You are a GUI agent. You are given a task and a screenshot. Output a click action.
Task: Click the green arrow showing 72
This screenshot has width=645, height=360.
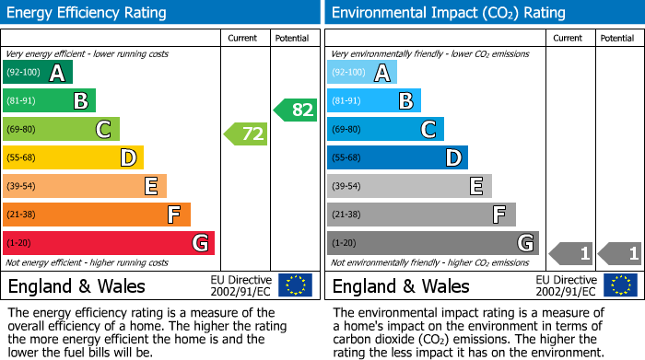point(246,134)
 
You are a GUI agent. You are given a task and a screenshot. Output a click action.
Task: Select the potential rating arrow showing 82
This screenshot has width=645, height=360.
point(295,110)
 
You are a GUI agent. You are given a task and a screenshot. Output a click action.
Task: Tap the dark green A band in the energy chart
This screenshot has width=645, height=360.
point(37,73)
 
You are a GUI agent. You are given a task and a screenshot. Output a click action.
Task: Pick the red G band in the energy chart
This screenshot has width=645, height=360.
point(109,243)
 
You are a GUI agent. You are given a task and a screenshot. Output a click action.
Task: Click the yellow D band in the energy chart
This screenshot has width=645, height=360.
point(74,158)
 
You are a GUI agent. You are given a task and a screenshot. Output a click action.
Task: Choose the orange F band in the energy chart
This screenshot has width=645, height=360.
point(97,215)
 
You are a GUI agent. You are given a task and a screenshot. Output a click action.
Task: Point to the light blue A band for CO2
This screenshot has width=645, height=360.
point(362,73)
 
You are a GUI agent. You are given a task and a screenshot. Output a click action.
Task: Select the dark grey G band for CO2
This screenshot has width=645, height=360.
point(433,243)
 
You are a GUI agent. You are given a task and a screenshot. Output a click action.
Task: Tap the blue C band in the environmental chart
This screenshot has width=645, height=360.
point(385,130)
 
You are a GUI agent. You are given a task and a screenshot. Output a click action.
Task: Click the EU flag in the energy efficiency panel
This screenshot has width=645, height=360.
point(295,285)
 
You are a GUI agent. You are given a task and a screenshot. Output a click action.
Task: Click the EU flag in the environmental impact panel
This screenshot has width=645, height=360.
point(622,285)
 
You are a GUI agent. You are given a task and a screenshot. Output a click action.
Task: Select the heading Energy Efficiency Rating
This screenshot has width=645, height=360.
point(88,13)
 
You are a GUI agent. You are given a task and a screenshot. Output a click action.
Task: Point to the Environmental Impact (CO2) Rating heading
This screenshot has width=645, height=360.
point(448,13)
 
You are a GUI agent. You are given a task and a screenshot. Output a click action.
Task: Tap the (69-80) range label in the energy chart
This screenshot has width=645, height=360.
point(22,130)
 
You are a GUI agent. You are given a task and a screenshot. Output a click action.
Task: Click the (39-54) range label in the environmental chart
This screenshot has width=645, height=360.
point(346,187)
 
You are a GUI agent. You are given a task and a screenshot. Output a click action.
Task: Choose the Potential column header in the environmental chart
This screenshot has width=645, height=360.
point(616,38)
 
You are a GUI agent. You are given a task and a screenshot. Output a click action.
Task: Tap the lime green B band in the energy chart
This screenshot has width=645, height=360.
point(49,101)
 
